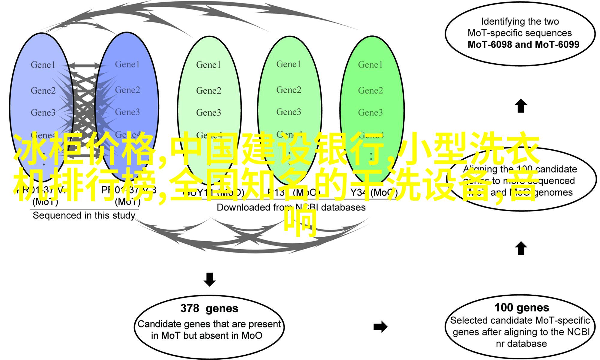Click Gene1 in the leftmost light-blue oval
[x=43, y=65]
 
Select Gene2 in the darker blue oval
[x=127, y=90]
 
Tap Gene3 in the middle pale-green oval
[x=208, y=112]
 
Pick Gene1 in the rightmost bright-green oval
[x=370, y=65]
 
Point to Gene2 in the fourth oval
[x=289, y=90]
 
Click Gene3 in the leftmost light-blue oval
[x=43, y=112]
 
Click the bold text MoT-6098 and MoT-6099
[x=523, y=45]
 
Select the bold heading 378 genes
[x=209, y=308]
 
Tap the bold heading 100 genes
[x=522, y=308]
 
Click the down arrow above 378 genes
[x=209, y=279]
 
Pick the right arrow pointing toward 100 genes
[x=380, y=327]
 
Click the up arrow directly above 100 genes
[x=521, y=248]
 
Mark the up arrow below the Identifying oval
[x=521, y=106]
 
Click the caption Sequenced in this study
[x=84, y=215]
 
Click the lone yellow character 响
[x=300, y=221]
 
